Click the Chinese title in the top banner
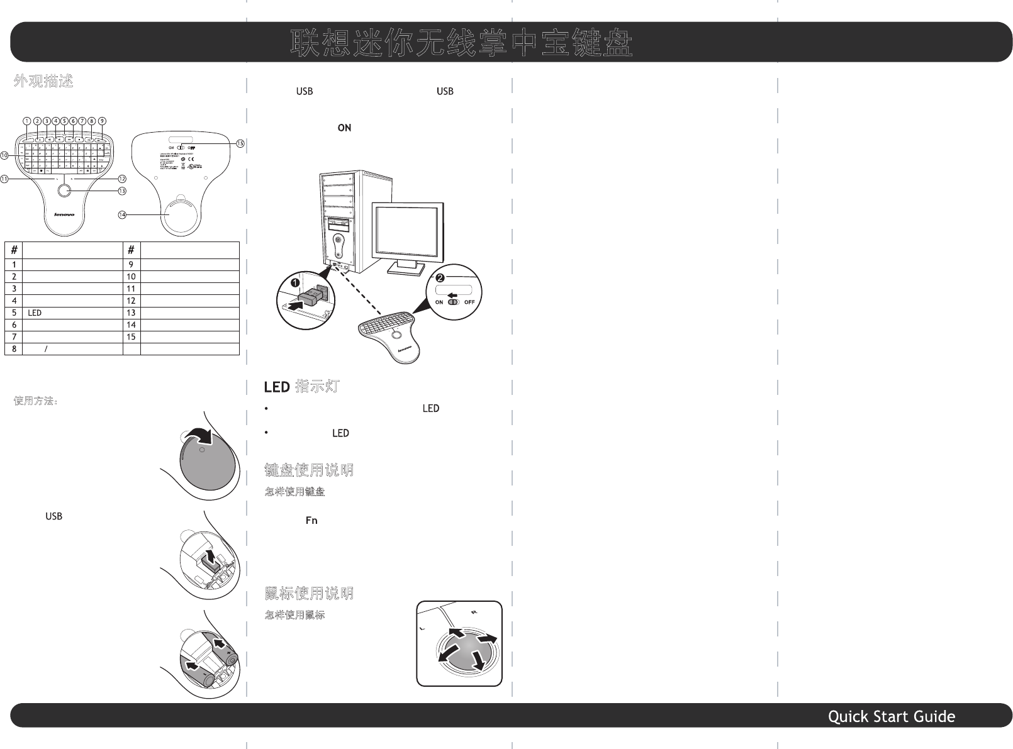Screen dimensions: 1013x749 [461, 43]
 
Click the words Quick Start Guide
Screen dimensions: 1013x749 [891, 716]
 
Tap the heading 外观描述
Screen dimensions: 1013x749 [43, 81]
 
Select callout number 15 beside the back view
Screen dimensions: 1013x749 [240, 143]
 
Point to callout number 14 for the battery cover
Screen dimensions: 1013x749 [122, 214]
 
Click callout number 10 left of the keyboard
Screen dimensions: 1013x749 [5, 155]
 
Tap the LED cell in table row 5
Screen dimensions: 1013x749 [35, 313]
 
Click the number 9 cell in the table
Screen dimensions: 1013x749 [131, 265]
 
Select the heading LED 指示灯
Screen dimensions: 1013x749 [301, 386]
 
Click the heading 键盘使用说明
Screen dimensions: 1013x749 [308, 470]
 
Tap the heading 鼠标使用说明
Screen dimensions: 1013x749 [308, 593]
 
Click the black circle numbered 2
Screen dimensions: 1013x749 [440, 277]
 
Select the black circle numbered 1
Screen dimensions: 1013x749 [293, 284]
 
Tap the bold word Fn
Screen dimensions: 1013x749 [311, 521]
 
